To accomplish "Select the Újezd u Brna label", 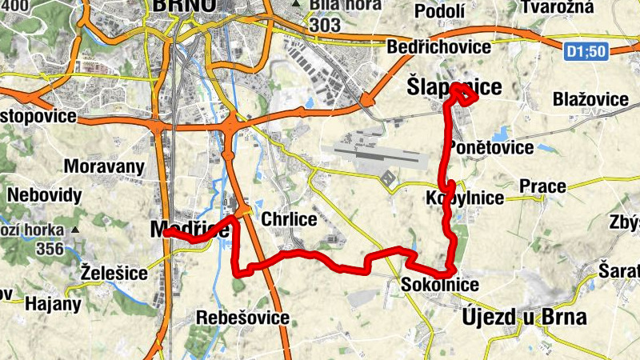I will (x=524, y=317).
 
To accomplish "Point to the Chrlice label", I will (x=290, y=219).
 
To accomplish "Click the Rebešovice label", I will (x=243, y=318).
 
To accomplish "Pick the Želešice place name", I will (x=114, y=274).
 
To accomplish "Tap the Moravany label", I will (x=104, y=167).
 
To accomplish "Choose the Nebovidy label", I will (x=45, y=195).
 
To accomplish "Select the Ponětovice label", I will (x=491, y=148).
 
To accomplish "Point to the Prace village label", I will (x=542, y=187).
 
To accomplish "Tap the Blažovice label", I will (x=590, y=99).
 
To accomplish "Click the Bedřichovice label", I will (x=438, y=47).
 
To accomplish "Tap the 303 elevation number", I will (x=326, y=26).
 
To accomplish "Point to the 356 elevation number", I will (x=50, y=249).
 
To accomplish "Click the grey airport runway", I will (x=376, y=151).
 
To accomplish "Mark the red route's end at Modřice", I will (x=166, y=234).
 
